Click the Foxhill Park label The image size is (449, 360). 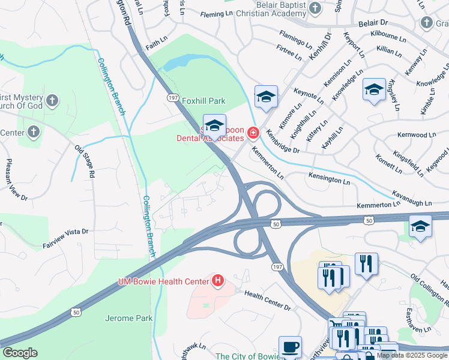pos(203,101)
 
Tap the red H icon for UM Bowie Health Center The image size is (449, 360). pos(218,280)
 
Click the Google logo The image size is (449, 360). pos(20,353)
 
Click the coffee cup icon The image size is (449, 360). pos(291,347)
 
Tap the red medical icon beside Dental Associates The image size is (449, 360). pos(253,132)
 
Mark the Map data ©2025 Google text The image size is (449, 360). pos(412,355)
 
